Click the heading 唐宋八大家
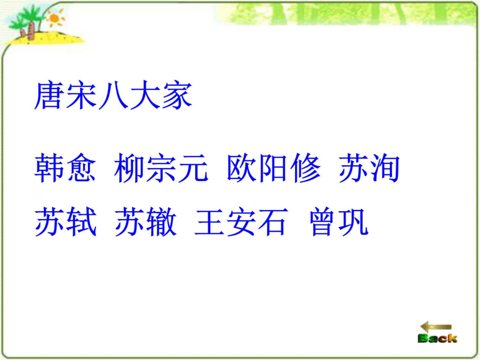click(113, 95)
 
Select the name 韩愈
click(65, 168)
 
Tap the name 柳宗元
click(161, 168)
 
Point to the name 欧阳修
click(274, 168)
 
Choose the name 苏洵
click(369, 168)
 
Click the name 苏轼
click(66, 221)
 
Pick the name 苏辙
click(146, 221)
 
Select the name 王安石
click(241, 221)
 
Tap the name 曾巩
click(339, 221)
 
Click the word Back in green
click(437, 338)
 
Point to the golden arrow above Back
click(436, 327)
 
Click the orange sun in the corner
click(54, 18)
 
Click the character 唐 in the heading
click(49, 95)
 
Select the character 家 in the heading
click(177, 95)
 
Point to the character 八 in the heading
click(113, 96)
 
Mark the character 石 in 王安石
click(273, 222)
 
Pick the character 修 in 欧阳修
click(305, 168)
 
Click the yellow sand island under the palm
click(43, 38)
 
